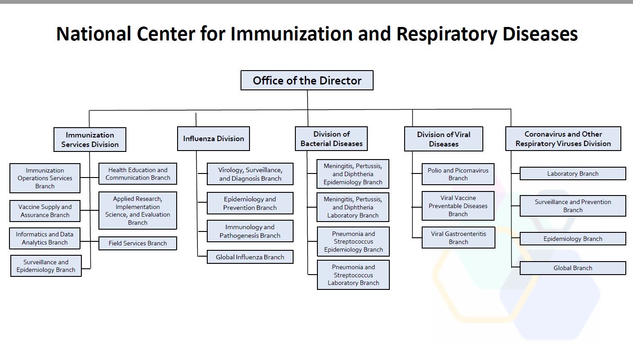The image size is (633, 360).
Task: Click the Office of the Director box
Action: coord(307,80)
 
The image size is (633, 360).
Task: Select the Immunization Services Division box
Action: coord(90,140)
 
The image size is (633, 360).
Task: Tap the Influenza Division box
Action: coord(213,139)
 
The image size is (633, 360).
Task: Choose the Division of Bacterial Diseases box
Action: coord(331,139)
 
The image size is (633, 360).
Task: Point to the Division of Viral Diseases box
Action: coord(443,139)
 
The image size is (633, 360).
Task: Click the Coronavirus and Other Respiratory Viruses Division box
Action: coord(563,139)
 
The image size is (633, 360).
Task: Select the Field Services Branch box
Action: coord(138,244)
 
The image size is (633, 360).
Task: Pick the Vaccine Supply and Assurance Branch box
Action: coord(45,211)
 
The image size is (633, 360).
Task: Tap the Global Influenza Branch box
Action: coord(250,257)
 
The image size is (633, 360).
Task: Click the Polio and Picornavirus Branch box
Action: coord(458,174)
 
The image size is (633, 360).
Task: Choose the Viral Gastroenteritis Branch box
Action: coord(458,238)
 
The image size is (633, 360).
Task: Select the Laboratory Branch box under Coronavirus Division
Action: coord(572,174)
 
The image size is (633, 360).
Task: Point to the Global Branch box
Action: coord(572,268)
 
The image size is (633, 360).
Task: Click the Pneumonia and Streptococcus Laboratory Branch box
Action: coord(353,275)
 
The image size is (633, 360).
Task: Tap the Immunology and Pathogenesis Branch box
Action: coord(250,231)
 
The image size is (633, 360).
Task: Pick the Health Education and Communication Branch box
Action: coord(138,174)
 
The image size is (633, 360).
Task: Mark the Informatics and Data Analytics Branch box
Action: coord(45,239)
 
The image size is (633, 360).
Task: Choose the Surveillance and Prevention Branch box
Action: coord(572,206)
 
